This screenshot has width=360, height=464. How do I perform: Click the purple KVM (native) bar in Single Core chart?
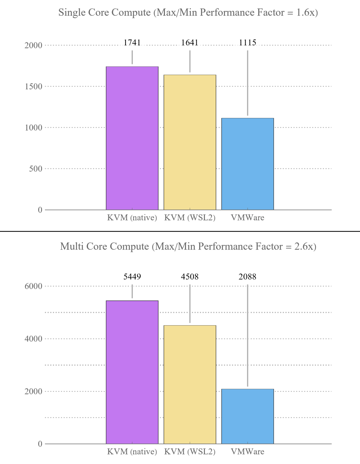(x=132, y=138)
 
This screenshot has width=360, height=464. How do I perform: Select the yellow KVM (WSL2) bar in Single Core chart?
(x=190, y=142)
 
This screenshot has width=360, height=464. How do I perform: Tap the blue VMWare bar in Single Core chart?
(x=247, y=164)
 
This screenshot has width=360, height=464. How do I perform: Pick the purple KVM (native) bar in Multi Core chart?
(x=132, y=372)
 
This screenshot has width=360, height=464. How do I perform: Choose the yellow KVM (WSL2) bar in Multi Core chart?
(x=190, y=384)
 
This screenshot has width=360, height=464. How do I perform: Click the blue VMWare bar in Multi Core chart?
(x=247, y=416)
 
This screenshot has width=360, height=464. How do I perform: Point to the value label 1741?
(x=132, y=42)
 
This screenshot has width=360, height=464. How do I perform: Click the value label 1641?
(x=190, y=42)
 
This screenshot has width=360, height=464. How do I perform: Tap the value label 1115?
(x=247, y=42)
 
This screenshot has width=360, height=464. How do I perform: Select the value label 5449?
(x=132, y=276)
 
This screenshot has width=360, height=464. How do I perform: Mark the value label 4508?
(x=190, y=276)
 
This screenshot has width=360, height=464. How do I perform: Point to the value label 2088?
(x=247, y=276)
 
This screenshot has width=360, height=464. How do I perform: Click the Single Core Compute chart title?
(x=188, y=13)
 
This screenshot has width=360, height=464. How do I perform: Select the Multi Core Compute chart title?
(x=188, y=246)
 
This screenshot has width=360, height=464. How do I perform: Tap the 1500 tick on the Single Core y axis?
(x=33, y=87)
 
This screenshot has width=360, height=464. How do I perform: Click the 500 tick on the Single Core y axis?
(x=36, y=169)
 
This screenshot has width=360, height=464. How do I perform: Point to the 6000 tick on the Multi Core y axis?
(x=33, y=286)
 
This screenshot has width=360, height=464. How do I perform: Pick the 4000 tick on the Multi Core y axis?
(x=33, y=339)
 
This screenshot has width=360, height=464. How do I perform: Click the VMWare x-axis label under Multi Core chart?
(x=247, y=452)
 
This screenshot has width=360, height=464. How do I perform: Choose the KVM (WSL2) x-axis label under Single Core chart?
(x=190, y=218)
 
